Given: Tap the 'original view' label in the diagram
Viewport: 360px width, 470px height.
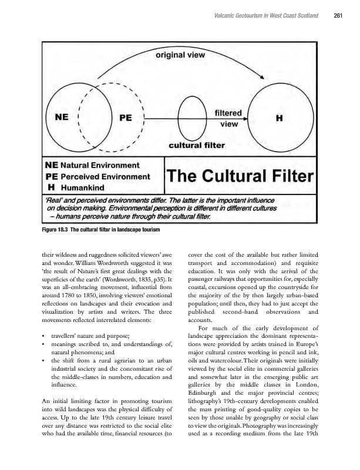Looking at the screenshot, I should click(179, 56).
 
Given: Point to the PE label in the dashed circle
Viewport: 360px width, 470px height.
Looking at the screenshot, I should click(125, 117).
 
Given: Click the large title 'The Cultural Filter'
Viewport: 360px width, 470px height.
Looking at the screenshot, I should click(241, 175).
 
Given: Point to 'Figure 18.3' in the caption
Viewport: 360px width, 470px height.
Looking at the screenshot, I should click(55, 229).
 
